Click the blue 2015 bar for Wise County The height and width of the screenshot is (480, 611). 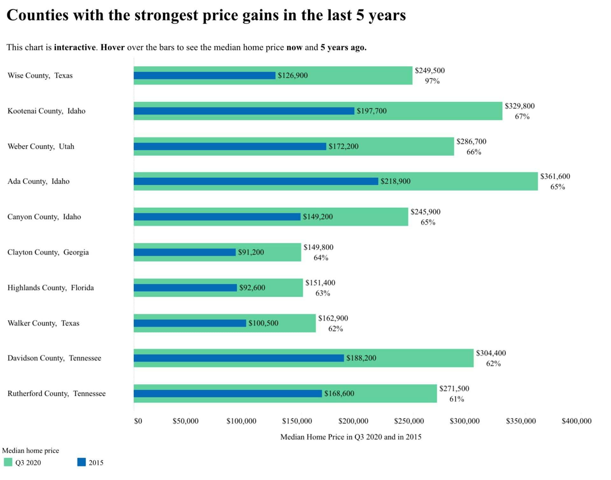point(204,75)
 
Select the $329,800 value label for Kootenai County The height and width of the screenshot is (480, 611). point(519,106)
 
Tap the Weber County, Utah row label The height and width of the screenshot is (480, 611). point(41,146)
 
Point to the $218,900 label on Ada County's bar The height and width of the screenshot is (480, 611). point(395,181)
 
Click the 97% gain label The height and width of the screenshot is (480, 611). point(432,81)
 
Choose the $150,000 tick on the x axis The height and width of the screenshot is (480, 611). point(297,421)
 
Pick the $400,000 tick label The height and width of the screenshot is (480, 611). point(576,421)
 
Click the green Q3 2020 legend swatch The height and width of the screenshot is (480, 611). point(8,462)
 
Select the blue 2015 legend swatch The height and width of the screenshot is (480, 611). point(81,462)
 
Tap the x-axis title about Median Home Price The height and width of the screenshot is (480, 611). point(350,437)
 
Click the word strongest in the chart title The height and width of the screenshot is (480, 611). point(166,15)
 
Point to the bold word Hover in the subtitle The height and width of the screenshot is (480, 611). point(112,47)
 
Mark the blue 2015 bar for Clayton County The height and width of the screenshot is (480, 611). point(185,252)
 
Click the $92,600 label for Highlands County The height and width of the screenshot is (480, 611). point(252,288)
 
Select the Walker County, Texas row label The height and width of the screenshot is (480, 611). point(43,323)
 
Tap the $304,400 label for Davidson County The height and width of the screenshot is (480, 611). point(491,353)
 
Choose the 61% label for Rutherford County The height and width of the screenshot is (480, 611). point(456,399)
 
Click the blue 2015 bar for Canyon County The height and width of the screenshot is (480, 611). point(217,217)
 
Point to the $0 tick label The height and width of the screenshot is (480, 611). point(138,421)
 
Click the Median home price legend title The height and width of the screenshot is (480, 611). point(31,450)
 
